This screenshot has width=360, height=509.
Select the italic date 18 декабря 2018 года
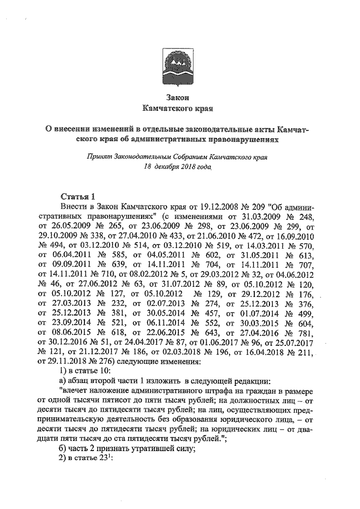point(178,168)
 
